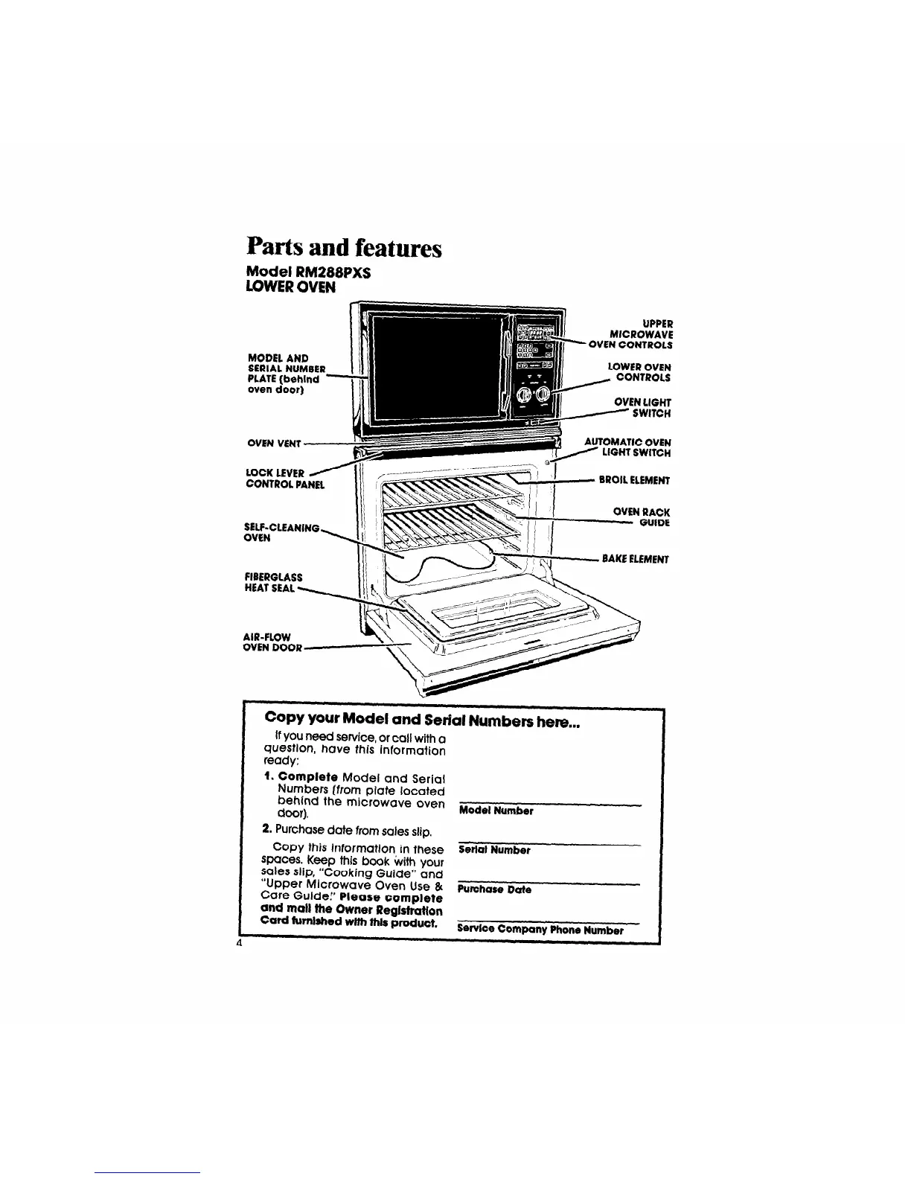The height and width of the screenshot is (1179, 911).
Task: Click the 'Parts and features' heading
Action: [343, 247]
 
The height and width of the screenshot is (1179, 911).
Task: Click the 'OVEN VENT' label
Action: [273, 444]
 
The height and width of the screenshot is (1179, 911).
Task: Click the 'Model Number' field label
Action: [496, 811]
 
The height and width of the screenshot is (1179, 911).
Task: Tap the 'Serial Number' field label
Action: [494, 850]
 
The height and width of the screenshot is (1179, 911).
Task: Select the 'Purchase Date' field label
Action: [494, 889]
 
